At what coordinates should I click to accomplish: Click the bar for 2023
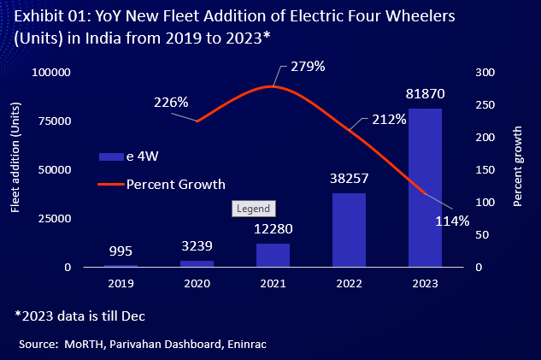425,187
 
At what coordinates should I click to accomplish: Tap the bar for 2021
273,255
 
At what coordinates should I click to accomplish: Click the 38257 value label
349,180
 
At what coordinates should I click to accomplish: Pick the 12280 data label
273,229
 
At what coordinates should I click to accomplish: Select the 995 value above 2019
121,251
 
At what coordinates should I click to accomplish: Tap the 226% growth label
171,103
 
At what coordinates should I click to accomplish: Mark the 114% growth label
452,221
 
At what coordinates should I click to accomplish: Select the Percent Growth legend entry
175,183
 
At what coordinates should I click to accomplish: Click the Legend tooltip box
252,209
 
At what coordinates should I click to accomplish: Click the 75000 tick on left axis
52,121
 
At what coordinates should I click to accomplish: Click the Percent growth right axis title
518,168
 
